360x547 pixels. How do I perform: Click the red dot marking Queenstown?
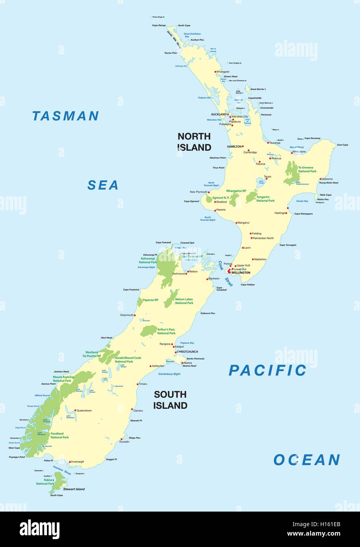tap(75, 410)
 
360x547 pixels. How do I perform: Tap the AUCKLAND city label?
tap(219, 115)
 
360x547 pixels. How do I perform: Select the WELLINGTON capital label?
tap(241, 273)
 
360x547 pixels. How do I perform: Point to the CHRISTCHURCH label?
tap(187, 352)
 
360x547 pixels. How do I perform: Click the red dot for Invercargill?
tap(70, 462)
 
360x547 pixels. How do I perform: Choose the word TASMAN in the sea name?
tap(65, 116)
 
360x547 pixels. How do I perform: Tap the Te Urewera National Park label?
tap(307, 169)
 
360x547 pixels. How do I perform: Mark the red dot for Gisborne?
tap(321, 179)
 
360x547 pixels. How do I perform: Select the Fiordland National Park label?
tap(59, 436)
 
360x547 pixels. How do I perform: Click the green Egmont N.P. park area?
tap(209, 199)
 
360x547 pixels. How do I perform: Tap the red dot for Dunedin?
tap(121, 439)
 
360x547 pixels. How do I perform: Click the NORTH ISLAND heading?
tap(194, 142)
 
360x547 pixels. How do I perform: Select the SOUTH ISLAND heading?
tap(170, 400)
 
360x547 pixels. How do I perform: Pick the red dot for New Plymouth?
tap(209, 192)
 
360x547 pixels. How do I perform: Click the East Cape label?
tap(342, 145)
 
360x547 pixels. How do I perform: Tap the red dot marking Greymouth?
tap(135, 315)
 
